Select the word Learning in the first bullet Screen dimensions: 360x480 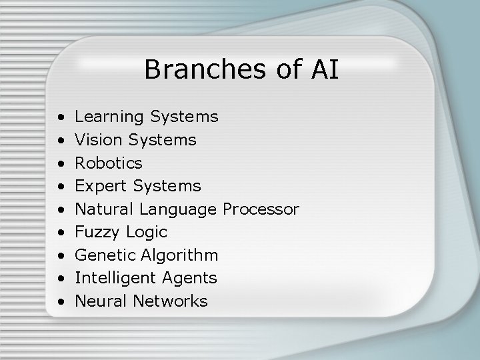tap(109, 117)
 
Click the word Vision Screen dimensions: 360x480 tap(98, 140)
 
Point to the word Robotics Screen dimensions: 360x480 tap(108, 163)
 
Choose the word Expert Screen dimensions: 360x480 tap(101, 186)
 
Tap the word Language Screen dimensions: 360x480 tap(177, 210)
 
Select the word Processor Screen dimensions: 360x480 tap(261, 209)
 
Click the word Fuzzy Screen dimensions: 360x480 tap(97, 233)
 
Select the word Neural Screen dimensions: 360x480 tap(101, 301)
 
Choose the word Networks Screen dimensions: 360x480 tap(170, 301)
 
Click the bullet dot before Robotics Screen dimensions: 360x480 tap(61, 163)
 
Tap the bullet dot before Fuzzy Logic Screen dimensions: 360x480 tap(61, 233)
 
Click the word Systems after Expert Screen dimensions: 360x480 tap(167, 186)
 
